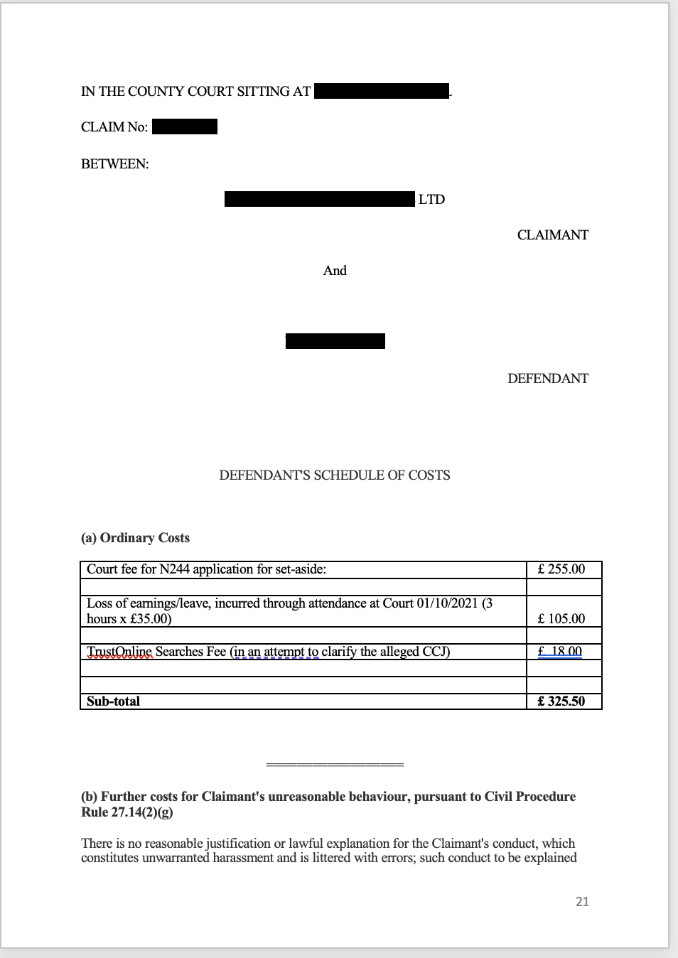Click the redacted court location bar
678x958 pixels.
[x=382, y=91]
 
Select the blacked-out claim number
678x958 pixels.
[x=185, y=127]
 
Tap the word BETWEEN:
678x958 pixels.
[x=115, y=163]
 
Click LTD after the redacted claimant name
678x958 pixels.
[x=431, y=199]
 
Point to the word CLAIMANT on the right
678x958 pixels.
[x=552, y=235]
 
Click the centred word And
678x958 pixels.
[x=335, y=270]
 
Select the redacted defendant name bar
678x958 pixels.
[x=335, y=341]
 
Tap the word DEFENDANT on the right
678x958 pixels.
[x=547, y=378]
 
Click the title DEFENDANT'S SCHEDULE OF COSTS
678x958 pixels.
[x=335, y=475]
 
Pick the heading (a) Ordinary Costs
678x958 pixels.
[x=135, y=537]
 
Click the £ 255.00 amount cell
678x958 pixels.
[x=561, y=569]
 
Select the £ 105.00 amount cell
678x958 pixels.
[x=561, y=618]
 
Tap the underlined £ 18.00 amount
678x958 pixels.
[x=560, y=651]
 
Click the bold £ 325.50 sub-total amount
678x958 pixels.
[x=561, y=701]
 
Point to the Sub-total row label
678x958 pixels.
[x=114, y=701]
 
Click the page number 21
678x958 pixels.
[x=582, y=901]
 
